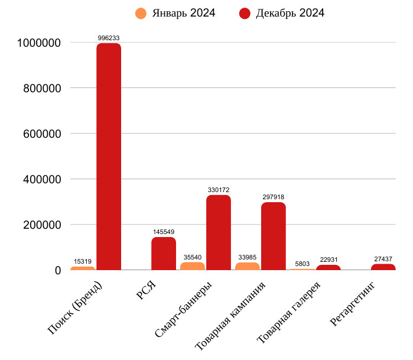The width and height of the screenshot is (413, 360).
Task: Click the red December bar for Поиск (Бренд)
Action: click(x=109, y=157)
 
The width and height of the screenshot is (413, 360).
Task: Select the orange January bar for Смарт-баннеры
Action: click(x=193, y=266)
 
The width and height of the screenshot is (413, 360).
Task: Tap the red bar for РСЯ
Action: click(x=164, y=254)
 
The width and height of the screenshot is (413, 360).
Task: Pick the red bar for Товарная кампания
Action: click(x=273, y=236)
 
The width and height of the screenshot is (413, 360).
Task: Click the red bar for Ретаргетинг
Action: click(x=383, y=267)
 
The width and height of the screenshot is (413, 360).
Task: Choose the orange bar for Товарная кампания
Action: click(x=247, y=266)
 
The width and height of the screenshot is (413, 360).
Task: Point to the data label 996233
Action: click(x=109, y=38)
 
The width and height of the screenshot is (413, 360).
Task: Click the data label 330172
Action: click(x=219, y=190)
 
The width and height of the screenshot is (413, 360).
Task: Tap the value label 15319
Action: click(x=82, y=261)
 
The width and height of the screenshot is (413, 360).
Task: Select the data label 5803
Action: click(x=301, y=264)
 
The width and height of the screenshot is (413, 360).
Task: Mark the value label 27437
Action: click(x=383, y=259)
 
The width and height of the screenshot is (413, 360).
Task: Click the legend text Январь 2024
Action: click(x=183, y=13)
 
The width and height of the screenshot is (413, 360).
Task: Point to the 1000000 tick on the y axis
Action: click(x=40, y=43)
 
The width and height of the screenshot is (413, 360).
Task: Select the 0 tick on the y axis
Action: click(x=58, y=270)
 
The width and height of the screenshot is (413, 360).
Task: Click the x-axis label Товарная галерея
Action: click(x=290, y=312)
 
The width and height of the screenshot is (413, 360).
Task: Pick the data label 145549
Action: click(x=164, y=232)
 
